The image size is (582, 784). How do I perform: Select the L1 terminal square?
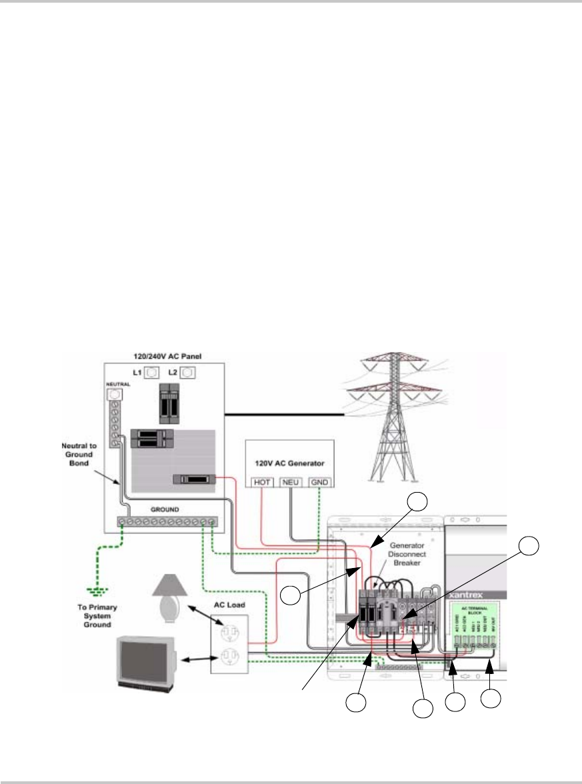coord(151,372)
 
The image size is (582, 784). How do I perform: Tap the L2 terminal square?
coord(188,372)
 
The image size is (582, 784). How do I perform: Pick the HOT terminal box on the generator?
coord(261,481)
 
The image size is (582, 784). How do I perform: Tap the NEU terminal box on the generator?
coord(290,481)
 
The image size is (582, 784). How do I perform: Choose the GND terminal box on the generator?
coord(319,481)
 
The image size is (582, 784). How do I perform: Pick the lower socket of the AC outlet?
coord(229,660)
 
